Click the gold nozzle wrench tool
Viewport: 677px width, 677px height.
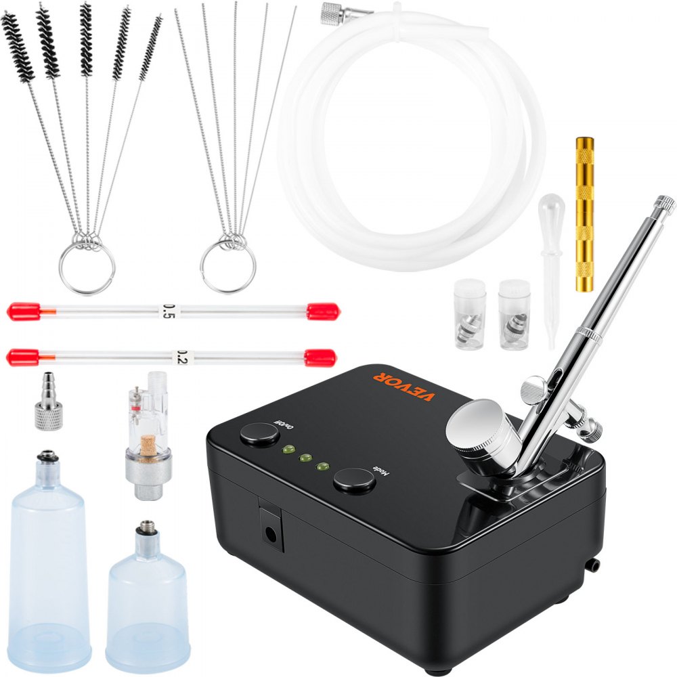point(584,214)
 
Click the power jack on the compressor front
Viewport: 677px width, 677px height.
point(271,533)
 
